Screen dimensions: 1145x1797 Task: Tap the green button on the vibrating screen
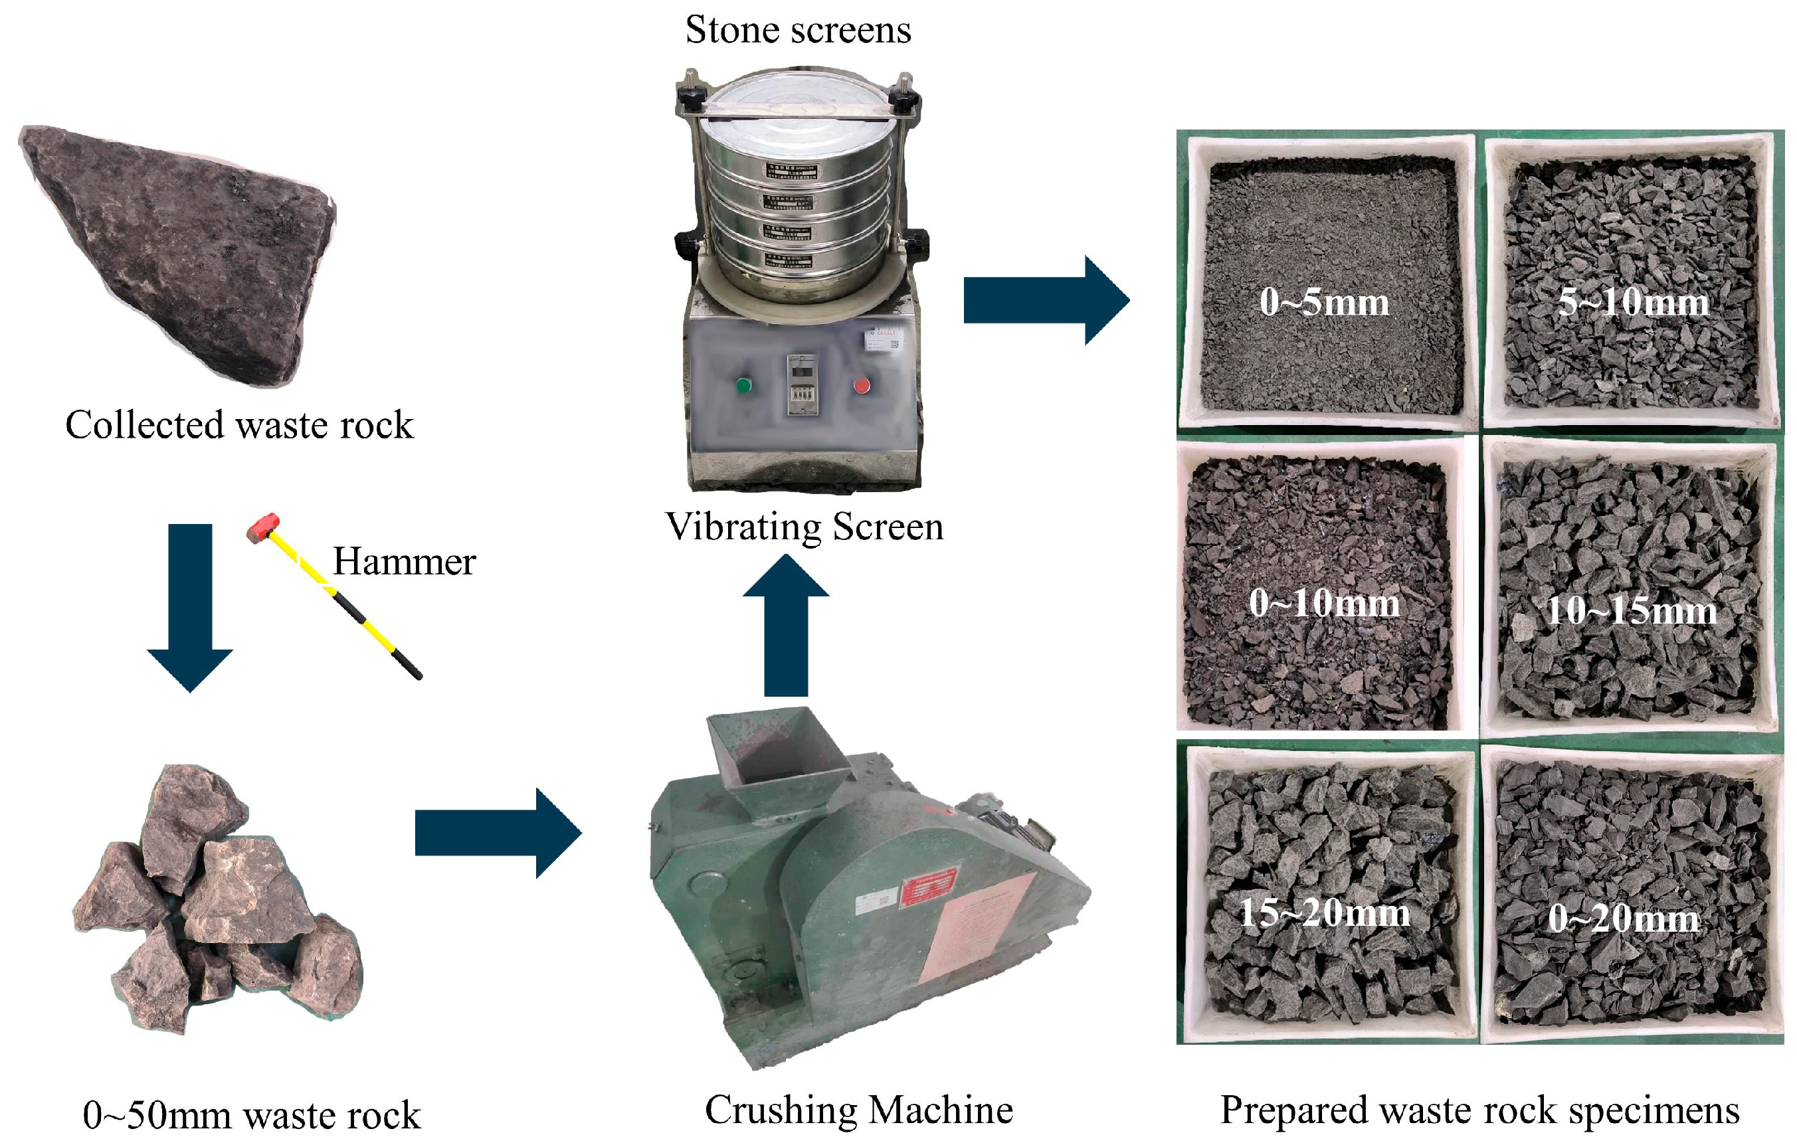pyautogui.click(x=743, y=386)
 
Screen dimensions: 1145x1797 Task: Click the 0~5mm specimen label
pyautogui.click(x=1324, y=303)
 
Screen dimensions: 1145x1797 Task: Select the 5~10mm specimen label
pyautogui.click(x=1633, y=303)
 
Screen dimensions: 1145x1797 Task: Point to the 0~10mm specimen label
pyautogui.click(x=1324, y=602)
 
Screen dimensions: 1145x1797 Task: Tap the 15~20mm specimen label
pyautogui.click(x=1324, y=913)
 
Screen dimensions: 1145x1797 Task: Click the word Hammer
pyautogui.click(x=404, y=562)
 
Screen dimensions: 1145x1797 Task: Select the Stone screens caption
pyautogui.click(x=798, y=31)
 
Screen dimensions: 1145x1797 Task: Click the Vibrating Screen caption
pyautogui.click(x=804, y=527)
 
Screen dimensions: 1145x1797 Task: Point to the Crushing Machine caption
pyautogui.click(x=858, y=1109)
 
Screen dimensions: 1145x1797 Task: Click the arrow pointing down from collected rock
pyautogui.click(x=190, y=604)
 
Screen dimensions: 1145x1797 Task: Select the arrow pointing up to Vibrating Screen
pyautogui.click(x=786, y=626)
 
